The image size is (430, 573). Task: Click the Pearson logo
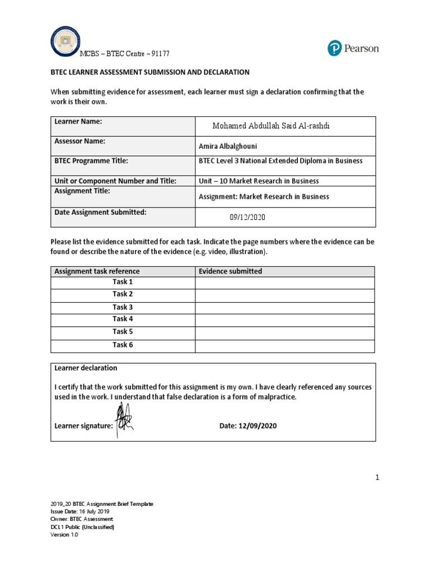click(353, 49)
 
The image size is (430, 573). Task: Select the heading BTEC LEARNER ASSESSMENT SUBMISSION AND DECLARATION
click(150, 73)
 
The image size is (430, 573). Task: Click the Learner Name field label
click(78, 121)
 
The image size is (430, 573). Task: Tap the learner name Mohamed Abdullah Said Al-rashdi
click(271, 126)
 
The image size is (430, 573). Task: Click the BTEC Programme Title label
click(91, 161)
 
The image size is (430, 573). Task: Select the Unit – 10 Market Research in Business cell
click(259, 181)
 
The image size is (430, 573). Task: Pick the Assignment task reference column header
click(97, 271)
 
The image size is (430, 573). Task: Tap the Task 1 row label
click(123, 282)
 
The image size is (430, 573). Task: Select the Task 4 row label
click(123, 319)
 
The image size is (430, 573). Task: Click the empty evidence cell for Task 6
click(284, 346)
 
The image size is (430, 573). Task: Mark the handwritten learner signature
click(123, 419)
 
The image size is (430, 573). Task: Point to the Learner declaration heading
click(86, 368)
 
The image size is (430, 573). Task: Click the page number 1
click(377, 477)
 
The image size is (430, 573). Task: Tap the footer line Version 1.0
click(64, 534)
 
